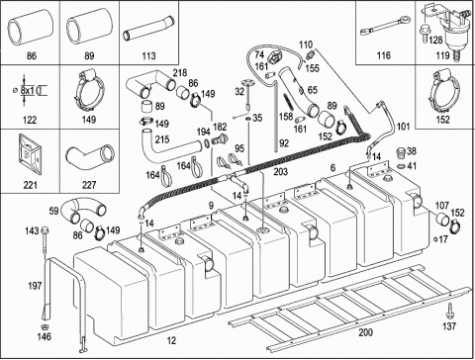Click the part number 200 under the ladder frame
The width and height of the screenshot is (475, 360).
pyautogui.click(x=365, y=332)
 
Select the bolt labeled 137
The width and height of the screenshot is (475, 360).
pyautogui.click(x=449, y=312)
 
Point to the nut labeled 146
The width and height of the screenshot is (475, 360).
pyautogui.click(x=44, y=326)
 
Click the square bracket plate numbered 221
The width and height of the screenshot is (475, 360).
pyautogui.click(x=30, y=155)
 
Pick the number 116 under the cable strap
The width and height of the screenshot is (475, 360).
pyautogui.click(x=383, y=55)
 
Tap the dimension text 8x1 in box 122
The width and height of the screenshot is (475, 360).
pyautogui.click(x=28, y=90)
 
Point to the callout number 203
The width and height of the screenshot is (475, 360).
pyautogui.click(x=280, y=172)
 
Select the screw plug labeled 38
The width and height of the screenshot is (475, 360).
pyautogui.click(x=401, y=153)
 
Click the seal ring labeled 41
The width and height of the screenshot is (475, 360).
pyautogui.click(x=401, y=165)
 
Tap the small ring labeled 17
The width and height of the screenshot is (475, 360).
pyautogui.click(x=435, y=239)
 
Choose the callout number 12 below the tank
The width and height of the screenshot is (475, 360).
pyautogui.click(x=171, y=340)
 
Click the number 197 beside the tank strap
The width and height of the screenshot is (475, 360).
pyautogui.click(x=35, y=286)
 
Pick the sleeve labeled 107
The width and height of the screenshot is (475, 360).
pyautogui.click(x=442, y=219)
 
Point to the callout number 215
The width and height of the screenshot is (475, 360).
pyautogui.click(x=162, y=139)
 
